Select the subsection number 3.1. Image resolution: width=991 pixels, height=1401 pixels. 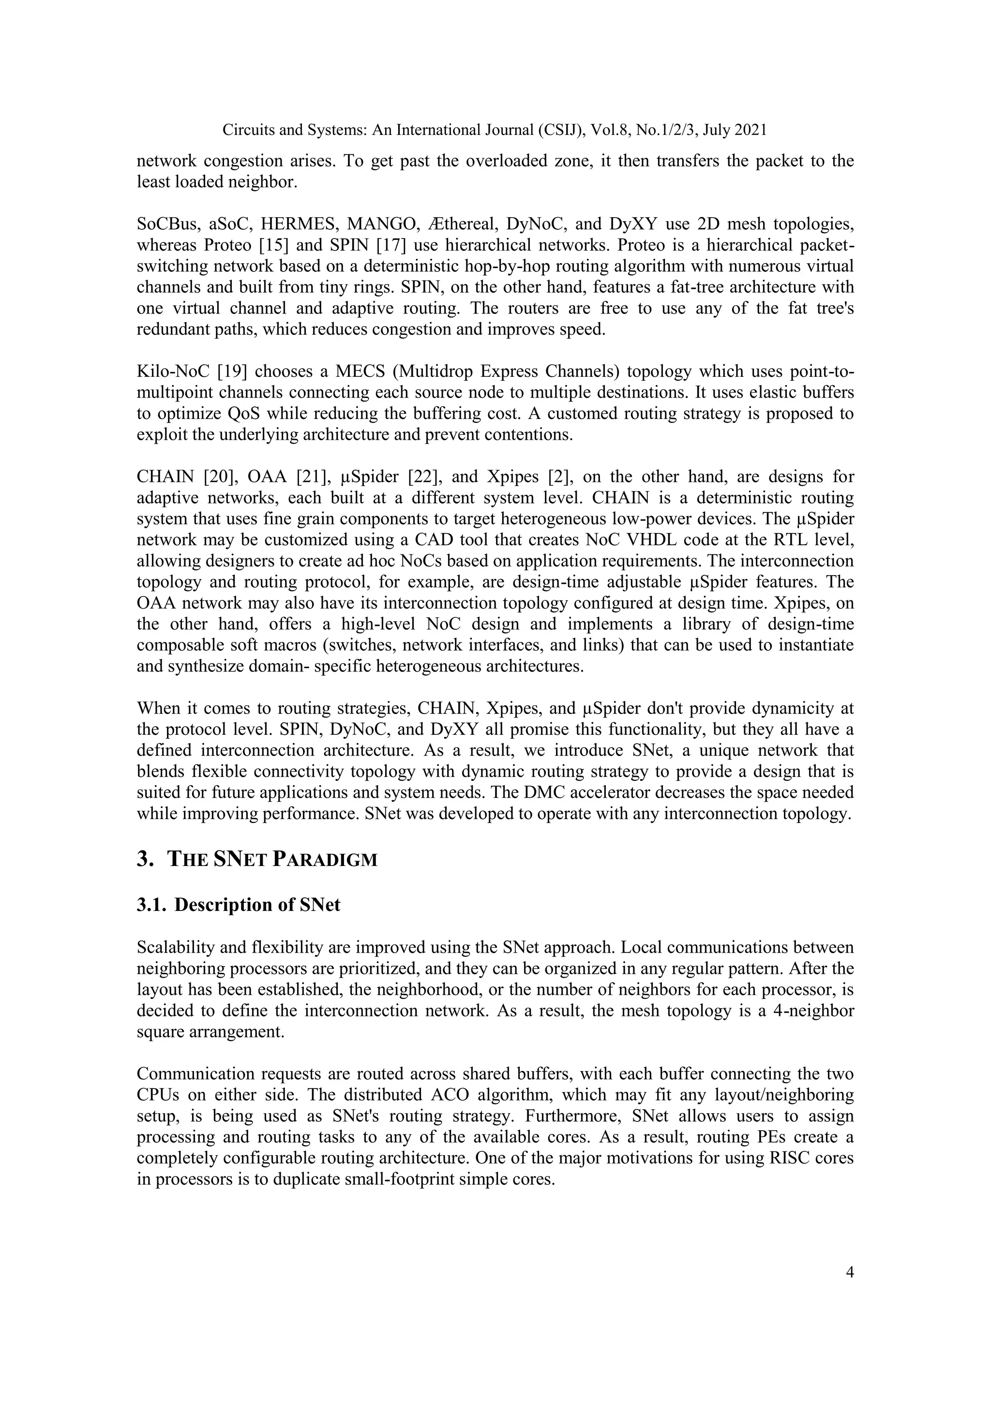(151, 904)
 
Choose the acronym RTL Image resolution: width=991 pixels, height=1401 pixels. (788, 540)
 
